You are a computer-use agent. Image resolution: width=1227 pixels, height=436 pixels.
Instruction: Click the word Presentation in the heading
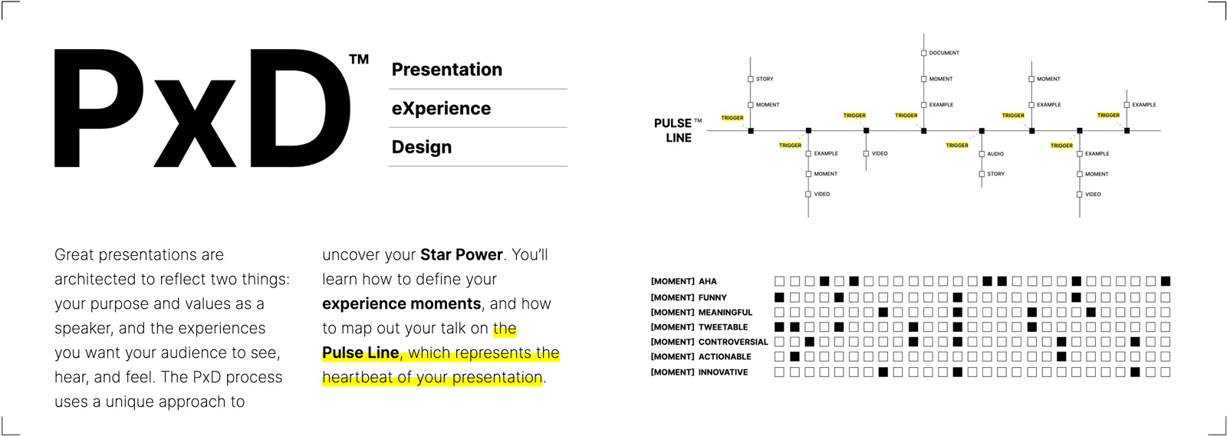click(446, 70)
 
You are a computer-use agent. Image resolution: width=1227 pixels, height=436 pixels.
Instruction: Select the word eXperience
click(441, 109)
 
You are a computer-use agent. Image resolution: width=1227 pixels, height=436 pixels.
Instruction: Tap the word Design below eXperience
click(421, 147)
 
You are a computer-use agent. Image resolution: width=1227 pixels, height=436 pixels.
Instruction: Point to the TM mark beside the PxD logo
click(359, 60)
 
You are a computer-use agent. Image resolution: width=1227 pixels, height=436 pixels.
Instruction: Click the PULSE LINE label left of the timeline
click(673, 130)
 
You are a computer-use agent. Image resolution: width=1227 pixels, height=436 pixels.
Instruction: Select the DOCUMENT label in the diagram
click(944, 53)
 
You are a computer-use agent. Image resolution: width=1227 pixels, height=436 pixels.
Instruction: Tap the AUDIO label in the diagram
click(995, 154)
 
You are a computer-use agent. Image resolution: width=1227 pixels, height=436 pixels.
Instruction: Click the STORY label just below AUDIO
click(995, 174)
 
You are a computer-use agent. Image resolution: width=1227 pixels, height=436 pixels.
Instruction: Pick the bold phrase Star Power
click(461, 254)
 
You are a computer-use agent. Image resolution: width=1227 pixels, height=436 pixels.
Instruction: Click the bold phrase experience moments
click(401, 303)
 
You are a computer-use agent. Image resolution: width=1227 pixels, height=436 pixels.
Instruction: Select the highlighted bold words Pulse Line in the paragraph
click(360, 352)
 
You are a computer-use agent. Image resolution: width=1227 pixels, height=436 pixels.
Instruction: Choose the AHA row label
click(707, 281)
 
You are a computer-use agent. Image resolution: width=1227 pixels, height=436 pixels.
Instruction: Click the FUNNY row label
click(712, 297)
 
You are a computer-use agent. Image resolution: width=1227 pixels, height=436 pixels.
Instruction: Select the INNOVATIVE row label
click(722, 372)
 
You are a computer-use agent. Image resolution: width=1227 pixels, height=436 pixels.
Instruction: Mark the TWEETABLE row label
click(722, 327)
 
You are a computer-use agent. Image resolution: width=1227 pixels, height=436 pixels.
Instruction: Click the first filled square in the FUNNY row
click(779, 297)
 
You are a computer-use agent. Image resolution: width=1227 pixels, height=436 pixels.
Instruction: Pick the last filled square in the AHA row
click(1166, 281)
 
